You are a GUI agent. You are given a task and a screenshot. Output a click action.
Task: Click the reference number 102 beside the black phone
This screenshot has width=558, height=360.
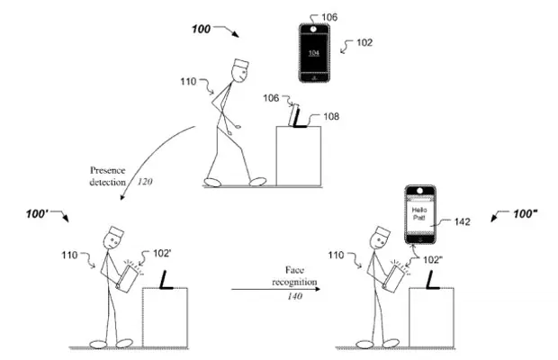[364, 42]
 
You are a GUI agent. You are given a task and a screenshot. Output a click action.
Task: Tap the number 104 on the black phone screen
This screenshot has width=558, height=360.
[313, 53]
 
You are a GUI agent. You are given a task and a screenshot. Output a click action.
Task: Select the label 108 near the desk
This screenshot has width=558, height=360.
[331, 116]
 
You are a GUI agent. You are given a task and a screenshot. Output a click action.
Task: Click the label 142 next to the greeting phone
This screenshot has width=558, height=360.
[463, 221]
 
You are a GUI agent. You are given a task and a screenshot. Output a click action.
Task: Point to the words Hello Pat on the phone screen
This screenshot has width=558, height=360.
[419, 213]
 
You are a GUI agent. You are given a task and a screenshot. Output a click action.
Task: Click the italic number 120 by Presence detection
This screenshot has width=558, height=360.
[145, 182]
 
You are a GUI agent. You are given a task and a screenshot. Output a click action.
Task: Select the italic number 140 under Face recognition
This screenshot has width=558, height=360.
[295, 296]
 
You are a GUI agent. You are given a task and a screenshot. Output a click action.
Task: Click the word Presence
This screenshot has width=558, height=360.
[107, 170]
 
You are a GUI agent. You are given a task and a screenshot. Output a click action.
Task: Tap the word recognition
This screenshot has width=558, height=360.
[294, 282]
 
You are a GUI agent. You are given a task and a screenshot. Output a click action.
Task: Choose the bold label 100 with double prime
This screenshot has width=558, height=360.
[526, 213]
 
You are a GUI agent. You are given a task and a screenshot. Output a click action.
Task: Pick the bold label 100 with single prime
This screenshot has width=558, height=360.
[37, 214]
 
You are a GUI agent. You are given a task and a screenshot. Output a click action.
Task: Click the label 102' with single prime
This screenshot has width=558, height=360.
[162, 254]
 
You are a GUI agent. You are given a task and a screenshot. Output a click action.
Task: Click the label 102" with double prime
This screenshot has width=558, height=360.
[433, 260]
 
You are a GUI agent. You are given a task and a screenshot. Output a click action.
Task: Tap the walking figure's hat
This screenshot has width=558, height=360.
[241, 65]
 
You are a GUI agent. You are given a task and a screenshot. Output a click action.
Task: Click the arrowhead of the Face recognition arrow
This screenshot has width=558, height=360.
[318, 289]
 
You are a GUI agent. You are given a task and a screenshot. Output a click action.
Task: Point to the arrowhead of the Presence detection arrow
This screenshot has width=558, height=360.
[122, 196]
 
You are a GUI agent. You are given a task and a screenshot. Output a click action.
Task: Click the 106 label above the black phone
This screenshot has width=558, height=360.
[329, 17]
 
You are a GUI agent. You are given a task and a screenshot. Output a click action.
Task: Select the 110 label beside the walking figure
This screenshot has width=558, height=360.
[188, 82]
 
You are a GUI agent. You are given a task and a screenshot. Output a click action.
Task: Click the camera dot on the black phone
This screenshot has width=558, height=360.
[313, 29]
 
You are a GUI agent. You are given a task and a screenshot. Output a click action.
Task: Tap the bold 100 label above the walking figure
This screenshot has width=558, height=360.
[201, 29]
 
